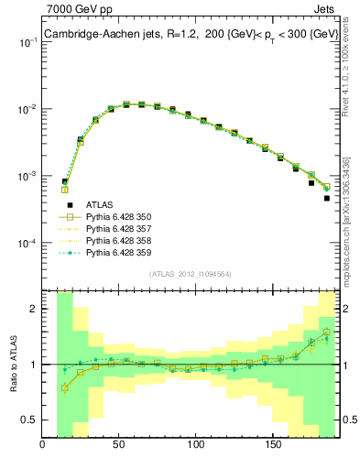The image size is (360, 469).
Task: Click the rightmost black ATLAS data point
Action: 327,198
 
